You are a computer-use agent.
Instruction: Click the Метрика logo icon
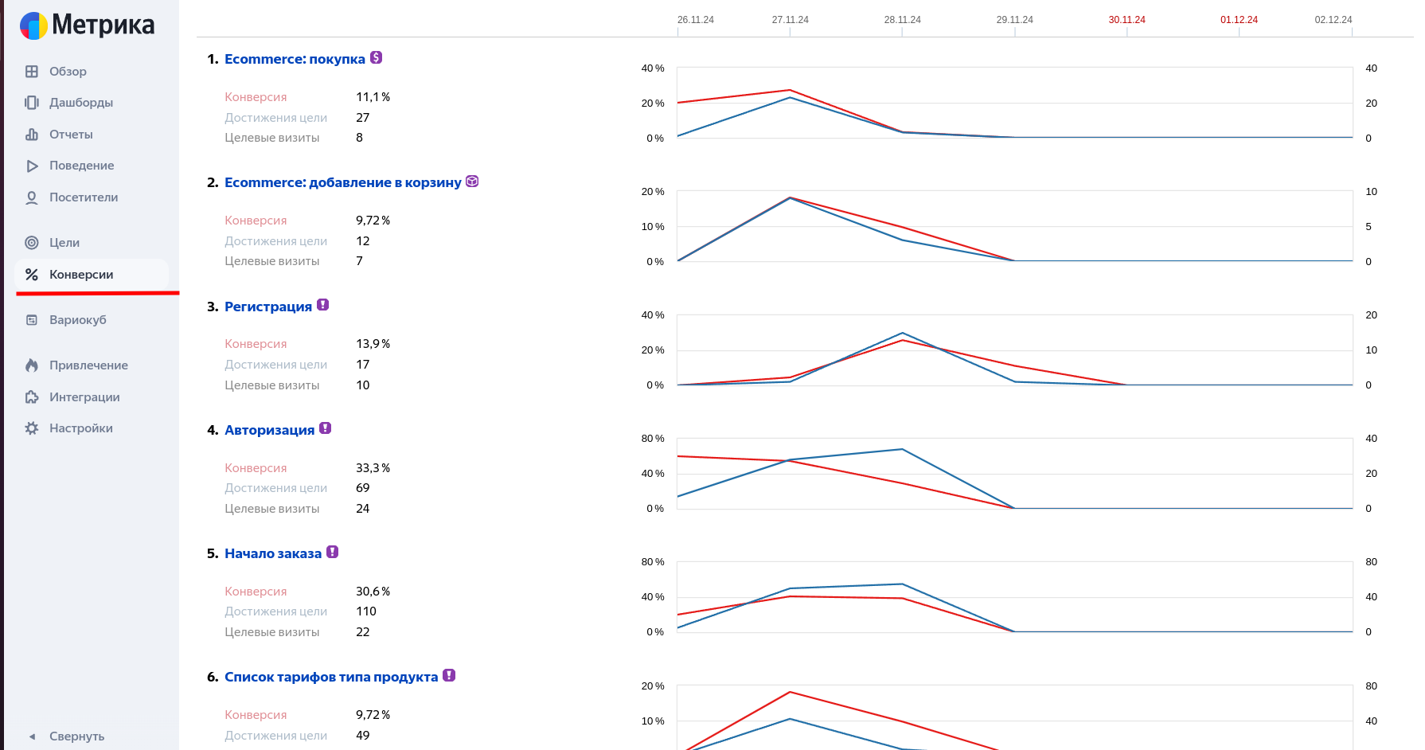[x=33, y=25]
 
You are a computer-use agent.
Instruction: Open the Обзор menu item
[x=68, y=72]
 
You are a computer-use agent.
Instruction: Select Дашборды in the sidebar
[x=80, y=103]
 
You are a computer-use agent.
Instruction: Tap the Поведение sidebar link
[x=81, y=166]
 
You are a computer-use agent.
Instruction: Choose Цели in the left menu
[x=64, y=243]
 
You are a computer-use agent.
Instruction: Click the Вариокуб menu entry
[x=77, y=320]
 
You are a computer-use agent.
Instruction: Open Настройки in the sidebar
[x=80, y=428]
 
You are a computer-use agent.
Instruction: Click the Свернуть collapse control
[x=76, y=736]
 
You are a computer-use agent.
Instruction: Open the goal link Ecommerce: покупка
[x=295, y=59]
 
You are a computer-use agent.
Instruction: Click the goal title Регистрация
[x=267, y=307]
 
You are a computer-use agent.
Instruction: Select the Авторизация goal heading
[x=269, y=430]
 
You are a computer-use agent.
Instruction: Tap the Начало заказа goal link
[x=272, y=553]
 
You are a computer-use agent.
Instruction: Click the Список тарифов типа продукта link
[x=330, y=677]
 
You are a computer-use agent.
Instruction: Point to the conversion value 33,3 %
[x=373, y=468]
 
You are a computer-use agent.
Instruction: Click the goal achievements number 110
[x=365, y=611]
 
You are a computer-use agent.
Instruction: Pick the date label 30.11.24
[x=1126, y=20]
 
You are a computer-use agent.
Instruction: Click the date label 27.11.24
[x=790, y=20]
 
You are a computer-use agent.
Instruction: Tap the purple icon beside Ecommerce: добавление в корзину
[x=472, y=182]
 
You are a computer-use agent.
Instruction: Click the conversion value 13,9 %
[x=373, y=344]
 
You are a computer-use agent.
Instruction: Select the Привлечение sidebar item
[x=88, y=365]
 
